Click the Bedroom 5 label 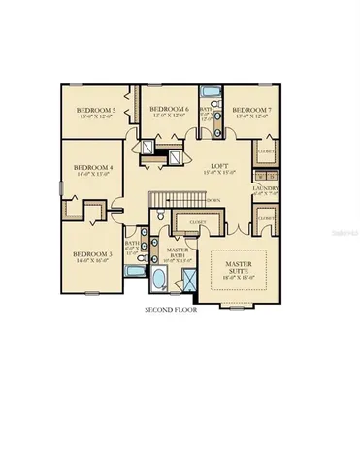96,110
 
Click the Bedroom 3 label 93,253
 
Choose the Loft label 219,166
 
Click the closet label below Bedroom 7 265,151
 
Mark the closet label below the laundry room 265,219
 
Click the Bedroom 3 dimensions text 93,261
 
